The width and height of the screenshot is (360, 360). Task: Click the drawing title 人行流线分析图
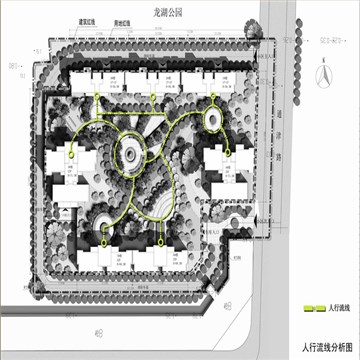pyautogui.click(x=321, y=346)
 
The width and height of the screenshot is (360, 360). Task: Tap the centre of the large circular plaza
pyautogui.click(x=132, y=156)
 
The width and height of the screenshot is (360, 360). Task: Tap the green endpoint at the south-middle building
pyautogui.click(x=162, y=243)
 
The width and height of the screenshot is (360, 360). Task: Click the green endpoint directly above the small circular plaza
pyautogui.click(x=214, y=98)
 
